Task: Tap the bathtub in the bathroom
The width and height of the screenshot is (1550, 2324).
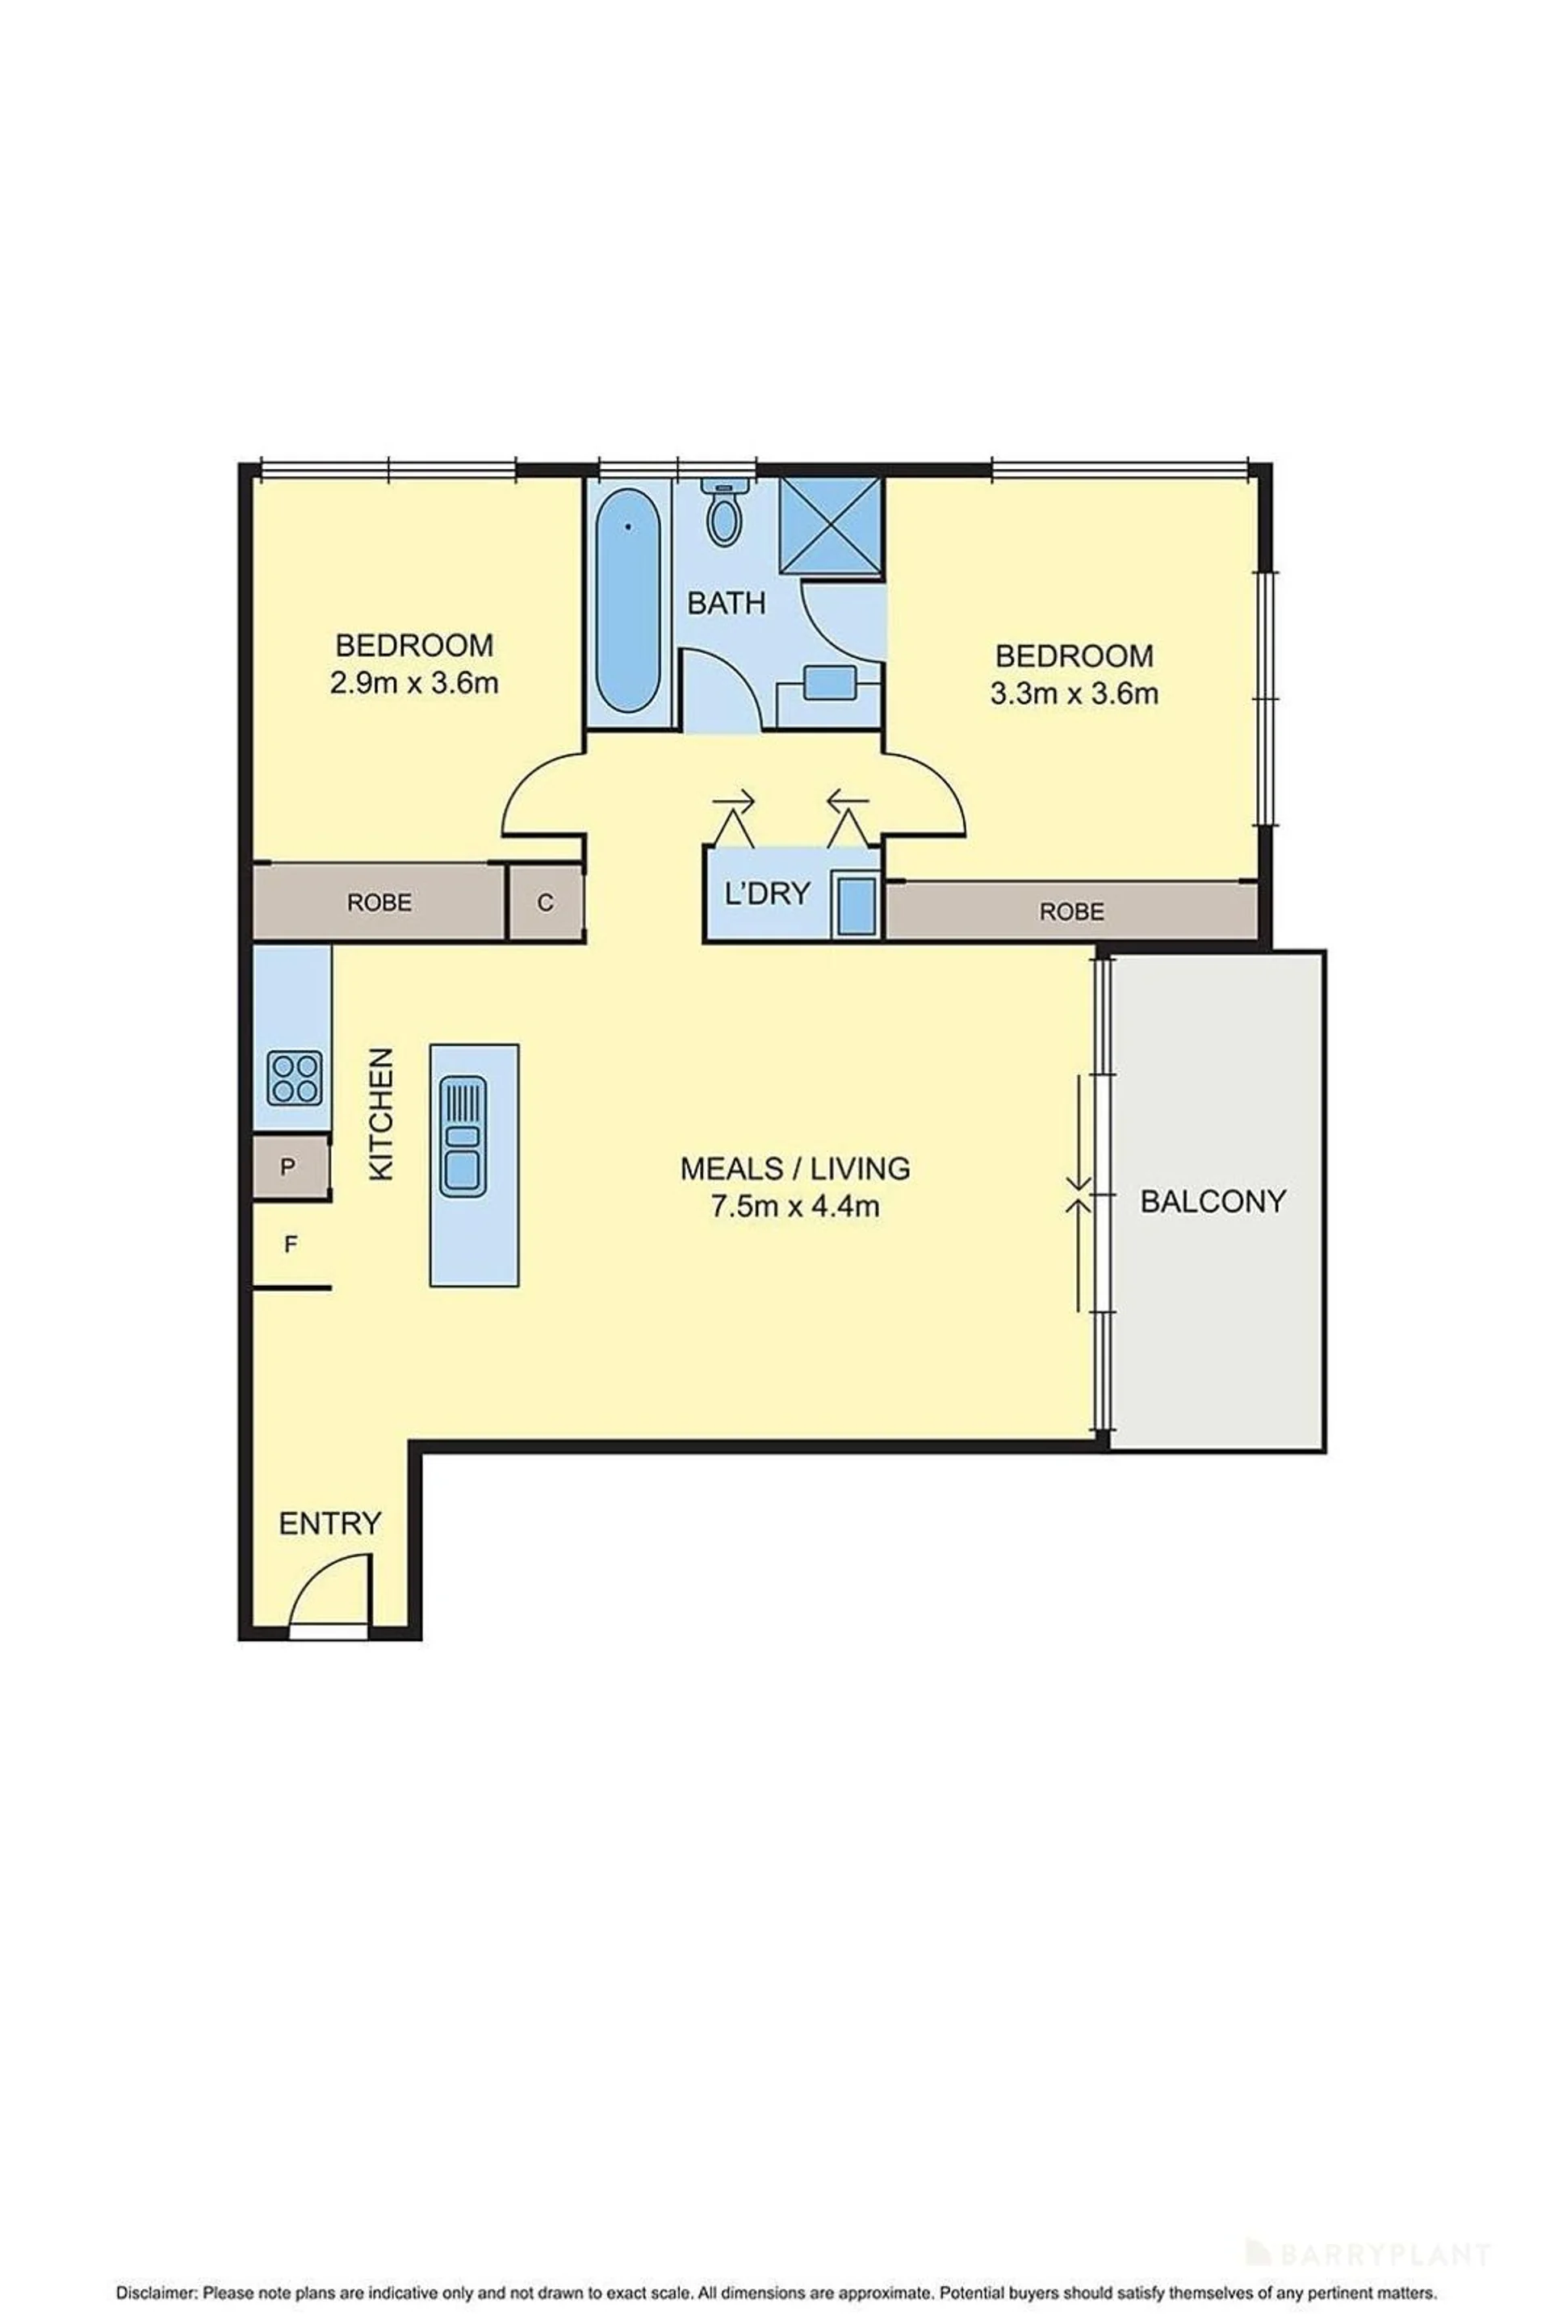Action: pyautogui.click(x=629, y=602)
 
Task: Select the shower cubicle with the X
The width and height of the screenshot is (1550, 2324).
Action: pyautogui.click(x=831, y=527)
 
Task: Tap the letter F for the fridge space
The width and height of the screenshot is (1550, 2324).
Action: pyautogui.click(x=291, y=1245)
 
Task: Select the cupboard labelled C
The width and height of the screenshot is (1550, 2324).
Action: pyautogui.click(x=545, y=902)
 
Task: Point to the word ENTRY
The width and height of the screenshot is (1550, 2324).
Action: pyautogui.click(x=330, y=1523)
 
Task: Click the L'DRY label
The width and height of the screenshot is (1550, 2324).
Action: pyautogui.click(x=767, y=894)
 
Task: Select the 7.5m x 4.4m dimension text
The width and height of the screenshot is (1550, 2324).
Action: pyautogui.click(x=796, y=1207)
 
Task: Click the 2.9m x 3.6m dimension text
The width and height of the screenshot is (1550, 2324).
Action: pyautogui.click(x=414, y=683)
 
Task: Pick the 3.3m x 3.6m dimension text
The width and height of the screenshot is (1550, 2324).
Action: pyautogui.click(x=1075, y=694)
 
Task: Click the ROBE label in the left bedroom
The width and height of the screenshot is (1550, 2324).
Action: pyautogui.click(x=379, y=902)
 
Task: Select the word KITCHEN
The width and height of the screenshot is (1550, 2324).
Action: pyautogui.click(x=382, y=1114)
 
